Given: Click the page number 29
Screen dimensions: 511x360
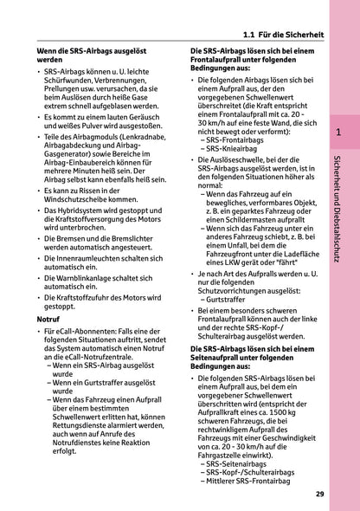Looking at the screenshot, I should click(319, 494).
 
